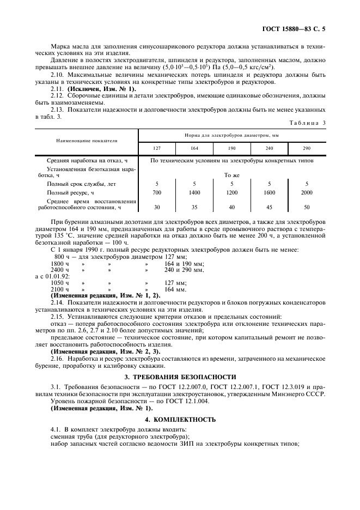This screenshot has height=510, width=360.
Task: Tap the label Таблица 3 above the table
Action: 307,123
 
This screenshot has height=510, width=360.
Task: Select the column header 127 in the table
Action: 157,149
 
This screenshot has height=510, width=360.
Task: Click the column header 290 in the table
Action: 307,149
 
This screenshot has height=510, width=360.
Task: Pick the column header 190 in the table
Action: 231,149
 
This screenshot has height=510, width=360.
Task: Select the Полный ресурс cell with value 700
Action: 157,192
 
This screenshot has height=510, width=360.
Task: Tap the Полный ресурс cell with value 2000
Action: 307,192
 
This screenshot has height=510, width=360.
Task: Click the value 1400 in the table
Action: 194,192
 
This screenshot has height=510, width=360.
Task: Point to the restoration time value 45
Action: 269,207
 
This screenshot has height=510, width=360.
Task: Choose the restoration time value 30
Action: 157,207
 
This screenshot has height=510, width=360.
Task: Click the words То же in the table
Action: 232,175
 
